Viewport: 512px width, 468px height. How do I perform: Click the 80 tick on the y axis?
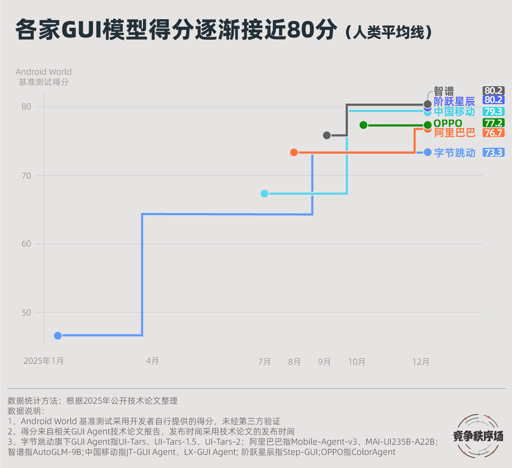click(x=26, y=107)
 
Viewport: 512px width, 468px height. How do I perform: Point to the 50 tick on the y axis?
click(x=26, y=313)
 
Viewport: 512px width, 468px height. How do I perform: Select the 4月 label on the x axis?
click(x=152, y=361)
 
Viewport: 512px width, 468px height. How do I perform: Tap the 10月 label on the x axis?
click(x=357, y=362)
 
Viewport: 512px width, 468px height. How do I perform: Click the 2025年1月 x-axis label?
click(x=44, y=361)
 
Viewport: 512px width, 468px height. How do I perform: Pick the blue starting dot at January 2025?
click(x=58, y=336)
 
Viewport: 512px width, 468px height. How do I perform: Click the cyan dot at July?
click(x=265, y=193)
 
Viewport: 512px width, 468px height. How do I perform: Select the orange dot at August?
click(x=294, y=152)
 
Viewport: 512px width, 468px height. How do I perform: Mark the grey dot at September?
click(x=327, y=135)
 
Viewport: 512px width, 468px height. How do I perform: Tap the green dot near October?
click(x=364, y=125)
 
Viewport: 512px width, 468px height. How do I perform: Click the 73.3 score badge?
click(x=494, y=152)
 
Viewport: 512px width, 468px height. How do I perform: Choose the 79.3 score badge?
click(x=494, y=111)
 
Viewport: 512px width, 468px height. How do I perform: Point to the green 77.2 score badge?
click(x=494, y=123)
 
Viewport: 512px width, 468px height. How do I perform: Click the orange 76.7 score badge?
click(x=494, y=133)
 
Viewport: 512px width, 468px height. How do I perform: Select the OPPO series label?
click(x=448, y=123)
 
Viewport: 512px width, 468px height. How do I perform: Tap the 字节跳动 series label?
click(x=454, y=153)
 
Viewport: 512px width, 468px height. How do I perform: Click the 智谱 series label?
click(x=444, y=91)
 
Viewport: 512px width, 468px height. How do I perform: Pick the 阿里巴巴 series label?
click(x=454, y=133)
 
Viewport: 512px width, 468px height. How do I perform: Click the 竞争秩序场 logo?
click(x=478, y=436)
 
